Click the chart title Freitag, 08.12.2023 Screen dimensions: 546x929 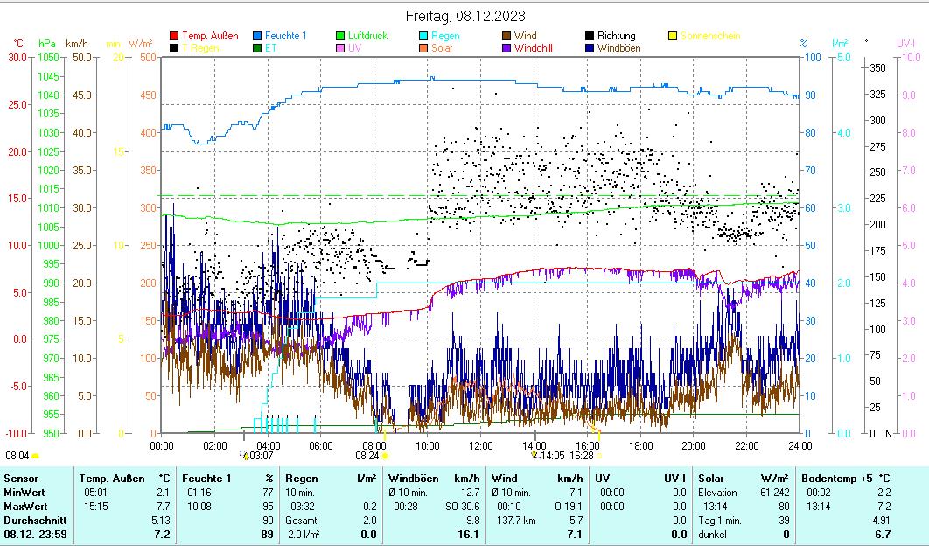(x=464, y=16)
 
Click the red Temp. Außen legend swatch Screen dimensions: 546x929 (x=175, y=36)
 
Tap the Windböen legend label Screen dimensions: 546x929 (x=618, y=48)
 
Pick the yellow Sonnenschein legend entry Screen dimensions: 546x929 (x=709, y=36)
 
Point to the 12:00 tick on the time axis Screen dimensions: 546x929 (x=481, y=445)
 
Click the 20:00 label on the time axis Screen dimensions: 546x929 (x=694, y=445)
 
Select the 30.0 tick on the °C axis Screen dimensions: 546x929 (x=17, y=58)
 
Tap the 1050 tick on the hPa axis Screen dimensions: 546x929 (x=48, y=58)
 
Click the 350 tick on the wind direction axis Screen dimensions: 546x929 (x=877, y=68)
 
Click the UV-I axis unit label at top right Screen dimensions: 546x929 (x=905, y=43)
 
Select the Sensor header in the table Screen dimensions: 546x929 (x=20, y=479)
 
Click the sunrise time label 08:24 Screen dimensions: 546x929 (x=367, y=456)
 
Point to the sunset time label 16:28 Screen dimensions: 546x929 (x=582, y=456)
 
